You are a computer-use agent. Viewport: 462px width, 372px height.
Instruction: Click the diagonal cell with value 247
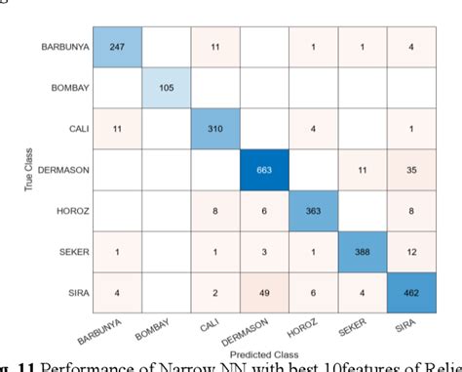click(x=118, y=46)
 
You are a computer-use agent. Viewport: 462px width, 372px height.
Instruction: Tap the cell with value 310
click(x=216, y=128)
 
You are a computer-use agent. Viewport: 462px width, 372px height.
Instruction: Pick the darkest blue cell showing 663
click(x=265, y=170)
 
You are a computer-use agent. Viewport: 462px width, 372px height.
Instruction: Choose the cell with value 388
click(x=363, y=252)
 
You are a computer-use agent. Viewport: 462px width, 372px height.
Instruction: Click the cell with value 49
click(x=265, y=292)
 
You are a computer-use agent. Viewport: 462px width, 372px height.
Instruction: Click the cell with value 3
click(x=265, y=252)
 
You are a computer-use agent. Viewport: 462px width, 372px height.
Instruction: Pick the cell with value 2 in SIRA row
click(x=216, y=292)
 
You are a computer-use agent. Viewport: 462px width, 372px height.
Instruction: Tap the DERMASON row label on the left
click(x=65, y=170)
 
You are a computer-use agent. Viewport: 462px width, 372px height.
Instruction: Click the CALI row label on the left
click(x=77, y=128)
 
